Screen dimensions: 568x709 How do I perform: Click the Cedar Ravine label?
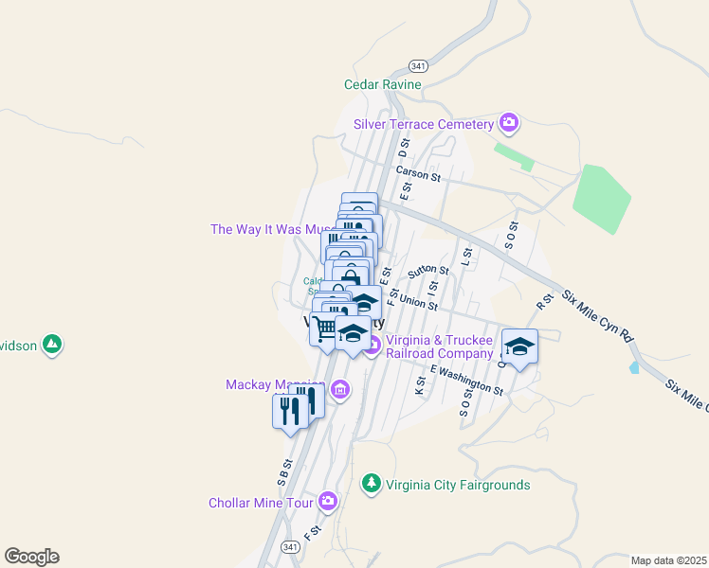[x=382, y=84]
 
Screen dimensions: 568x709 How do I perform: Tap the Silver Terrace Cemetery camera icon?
[x=509, y=122]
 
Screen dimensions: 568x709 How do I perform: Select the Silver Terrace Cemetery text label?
[x=424, y=124]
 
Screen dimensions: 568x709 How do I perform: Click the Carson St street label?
[x=418, y=174]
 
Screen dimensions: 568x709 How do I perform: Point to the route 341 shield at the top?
[x=418, y=65]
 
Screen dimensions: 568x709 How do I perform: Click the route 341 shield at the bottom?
[x=291, y=547]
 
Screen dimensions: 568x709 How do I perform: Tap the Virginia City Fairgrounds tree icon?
[x=372, y=484]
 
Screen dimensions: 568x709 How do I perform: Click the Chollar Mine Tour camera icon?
[x=328, y=500]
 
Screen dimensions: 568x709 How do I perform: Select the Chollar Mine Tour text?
[x=261, y=503]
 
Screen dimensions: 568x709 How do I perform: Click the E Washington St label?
[x=466, y=380]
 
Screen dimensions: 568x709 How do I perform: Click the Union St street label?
[x=418, y=304]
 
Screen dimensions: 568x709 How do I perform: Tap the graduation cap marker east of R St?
[x=519, y=346]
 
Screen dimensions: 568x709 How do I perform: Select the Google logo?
[x=31, y=556]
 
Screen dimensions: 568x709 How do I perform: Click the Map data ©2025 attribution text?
[x=667, y=560]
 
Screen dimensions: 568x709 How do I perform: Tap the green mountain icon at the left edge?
[x=53, y=346]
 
